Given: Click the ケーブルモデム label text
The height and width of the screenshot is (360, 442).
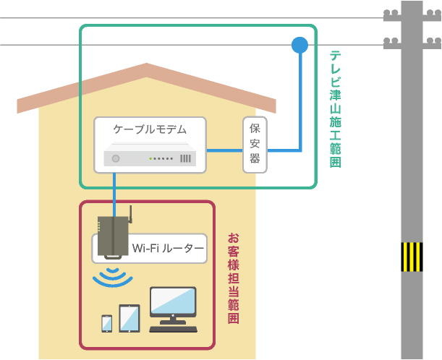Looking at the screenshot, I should click(150, 130).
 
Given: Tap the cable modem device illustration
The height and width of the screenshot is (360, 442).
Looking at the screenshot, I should click(150, 157).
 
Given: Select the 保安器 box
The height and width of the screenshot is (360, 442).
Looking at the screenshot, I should click(255, 144).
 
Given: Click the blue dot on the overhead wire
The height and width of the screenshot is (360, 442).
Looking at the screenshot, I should click(299, 46).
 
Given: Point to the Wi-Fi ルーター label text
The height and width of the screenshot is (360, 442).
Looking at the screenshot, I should click(168, 249).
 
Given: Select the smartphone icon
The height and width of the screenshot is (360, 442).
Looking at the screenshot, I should click(106, 323).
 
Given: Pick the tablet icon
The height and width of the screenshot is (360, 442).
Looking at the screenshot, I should click(129, 318).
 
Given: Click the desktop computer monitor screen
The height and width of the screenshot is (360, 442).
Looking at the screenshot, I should click(172, 303).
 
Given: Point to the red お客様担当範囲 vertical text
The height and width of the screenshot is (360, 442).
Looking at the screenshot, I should click(233, 278).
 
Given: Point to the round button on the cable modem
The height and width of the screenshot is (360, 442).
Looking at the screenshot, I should click(115, 159).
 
